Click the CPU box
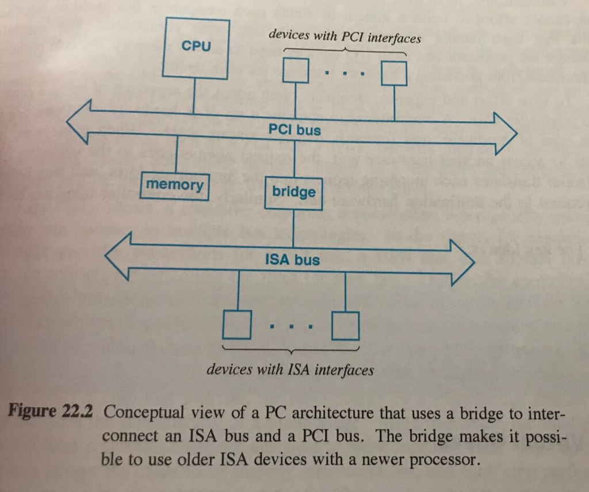point(196,47)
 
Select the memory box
point(175,185)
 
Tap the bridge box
point(294,192)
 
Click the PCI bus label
point(294,131)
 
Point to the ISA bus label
point(292,260)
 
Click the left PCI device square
point(296,72)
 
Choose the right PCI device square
point(395,73)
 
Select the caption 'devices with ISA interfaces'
point(290,369)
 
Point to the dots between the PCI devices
point(345,74)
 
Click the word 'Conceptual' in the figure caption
point(140,413)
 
